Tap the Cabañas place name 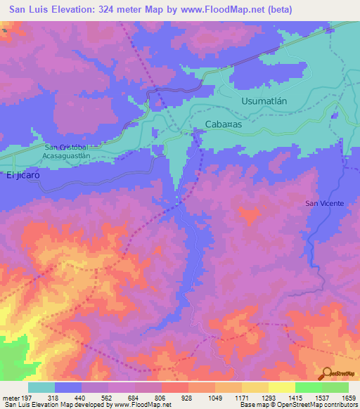[223, 124]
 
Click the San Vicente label [324, 203]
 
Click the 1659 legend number [349, 397]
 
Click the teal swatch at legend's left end [41, 387]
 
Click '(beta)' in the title [276, 10]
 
